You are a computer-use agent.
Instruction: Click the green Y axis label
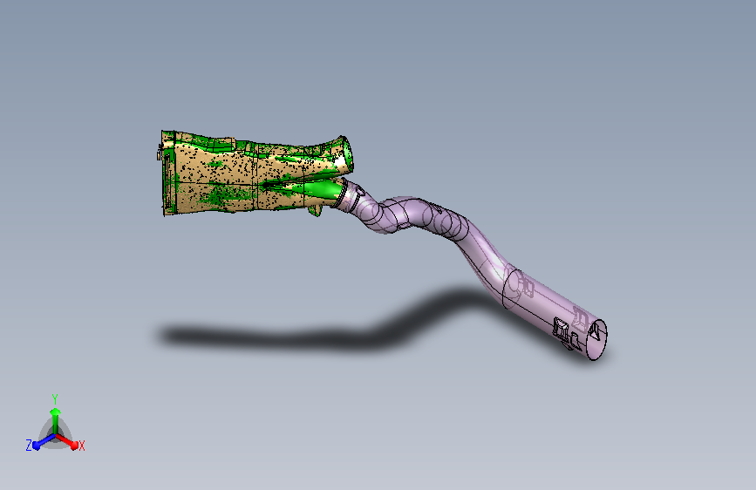point(55,398)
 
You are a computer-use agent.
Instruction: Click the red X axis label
point(81,446)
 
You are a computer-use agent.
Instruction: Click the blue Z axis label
point(29,446)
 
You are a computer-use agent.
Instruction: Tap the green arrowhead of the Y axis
point(56,412)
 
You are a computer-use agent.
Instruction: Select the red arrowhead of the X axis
point(73,446)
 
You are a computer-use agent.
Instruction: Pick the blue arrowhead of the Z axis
point(36,446)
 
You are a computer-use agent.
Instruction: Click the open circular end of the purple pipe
point(597,339)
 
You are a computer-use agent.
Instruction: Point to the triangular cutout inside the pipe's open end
point(596,331)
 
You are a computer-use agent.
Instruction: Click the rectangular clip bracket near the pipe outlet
point(561,328)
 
